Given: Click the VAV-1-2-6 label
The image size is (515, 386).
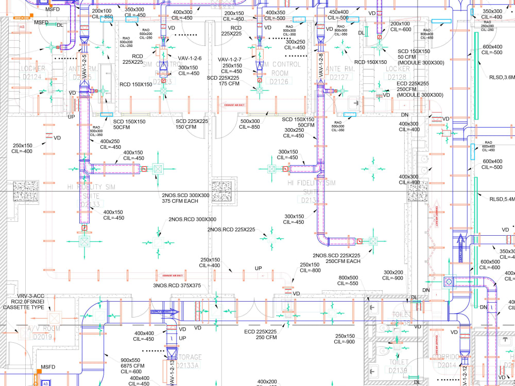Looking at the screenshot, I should [x=190, y=59].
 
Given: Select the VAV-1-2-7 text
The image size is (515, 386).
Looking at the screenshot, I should [x=230, y=59].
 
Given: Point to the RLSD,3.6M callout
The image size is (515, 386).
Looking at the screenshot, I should [x=502, y=78].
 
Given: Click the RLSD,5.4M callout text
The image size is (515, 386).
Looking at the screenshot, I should [x=502, y=199].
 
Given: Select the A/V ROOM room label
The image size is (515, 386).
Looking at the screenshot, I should [x=43, y=329].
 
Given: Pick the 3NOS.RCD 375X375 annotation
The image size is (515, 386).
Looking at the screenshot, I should [x=177, y=285].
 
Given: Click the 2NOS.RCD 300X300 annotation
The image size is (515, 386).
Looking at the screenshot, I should [x=192, y=220].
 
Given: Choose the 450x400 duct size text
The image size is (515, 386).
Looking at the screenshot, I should [x=339, y=12].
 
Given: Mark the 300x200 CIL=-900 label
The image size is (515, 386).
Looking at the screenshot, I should [x=393, y=275].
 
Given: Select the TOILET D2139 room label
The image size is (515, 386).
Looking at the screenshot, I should [x=399, y=366].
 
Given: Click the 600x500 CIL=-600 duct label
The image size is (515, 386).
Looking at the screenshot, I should [x=490, y=265].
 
